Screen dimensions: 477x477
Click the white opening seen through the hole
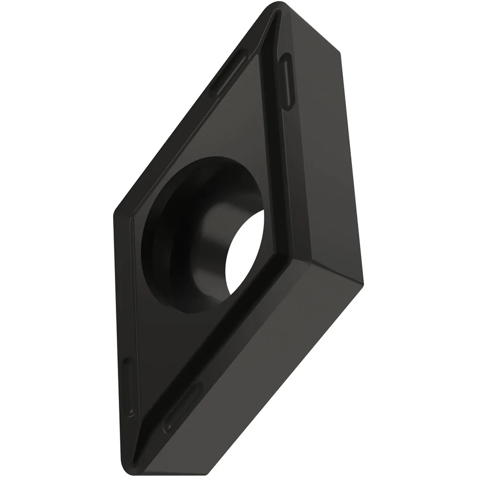click(246, 253)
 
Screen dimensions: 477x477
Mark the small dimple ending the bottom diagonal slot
click(167, 426)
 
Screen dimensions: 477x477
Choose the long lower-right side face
click(267, 363)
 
